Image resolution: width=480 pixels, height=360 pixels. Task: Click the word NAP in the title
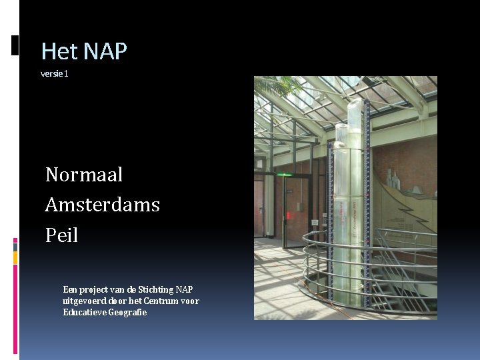tap(105, 51)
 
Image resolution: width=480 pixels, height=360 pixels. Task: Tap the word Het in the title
tap(60, 51)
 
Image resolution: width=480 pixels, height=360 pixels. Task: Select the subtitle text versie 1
tap(55, 73)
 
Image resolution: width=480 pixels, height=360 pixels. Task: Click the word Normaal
tap(84, 175)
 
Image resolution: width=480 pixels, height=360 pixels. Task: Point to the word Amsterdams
tap(103, 205)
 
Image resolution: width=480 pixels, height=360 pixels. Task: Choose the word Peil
tap(62, 235)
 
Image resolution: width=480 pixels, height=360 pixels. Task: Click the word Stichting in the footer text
tap(153, 289)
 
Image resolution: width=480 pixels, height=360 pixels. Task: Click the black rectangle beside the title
tap(15, 45)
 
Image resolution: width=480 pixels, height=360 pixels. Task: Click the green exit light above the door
tap(284, 175)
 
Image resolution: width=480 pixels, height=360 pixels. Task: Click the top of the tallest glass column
tap(352, 100)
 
